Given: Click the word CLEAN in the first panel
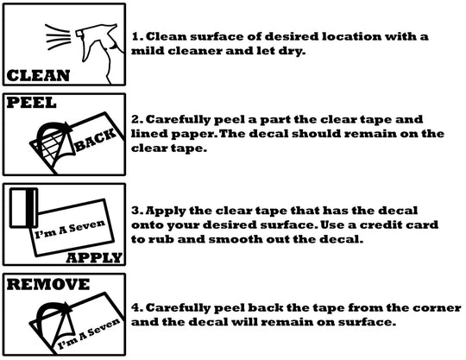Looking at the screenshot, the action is (x=38, y=75).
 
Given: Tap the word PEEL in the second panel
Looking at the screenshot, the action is (x=31, y=103).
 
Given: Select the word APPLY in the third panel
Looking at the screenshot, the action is (x=94, y=258).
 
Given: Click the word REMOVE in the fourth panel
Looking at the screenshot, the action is (x=47, y=284).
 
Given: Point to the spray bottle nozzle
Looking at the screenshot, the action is (x=80, y=33).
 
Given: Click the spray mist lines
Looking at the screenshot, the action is (x=58, y=37).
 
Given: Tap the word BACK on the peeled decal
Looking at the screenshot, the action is (x=95, y=140).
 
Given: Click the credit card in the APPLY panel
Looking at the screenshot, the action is (x=24, y=208).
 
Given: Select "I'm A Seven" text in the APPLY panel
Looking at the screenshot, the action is (x=70, y=229).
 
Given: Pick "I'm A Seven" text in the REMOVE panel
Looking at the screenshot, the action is (x=89, y=333).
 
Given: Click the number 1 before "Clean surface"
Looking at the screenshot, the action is (x=135, y=37).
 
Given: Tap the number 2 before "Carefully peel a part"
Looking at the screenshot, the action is (x=136, y=119).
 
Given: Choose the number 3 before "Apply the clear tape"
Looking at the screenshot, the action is (x=136, y=211).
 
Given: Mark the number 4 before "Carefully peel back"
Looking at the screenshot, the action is (x=136, y=307).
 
